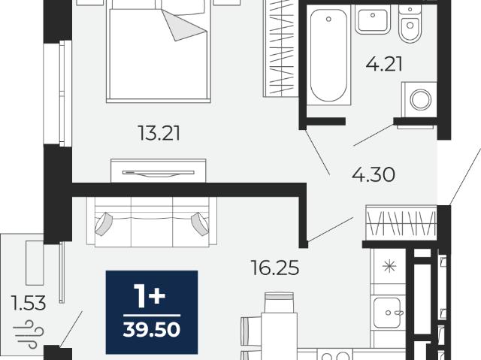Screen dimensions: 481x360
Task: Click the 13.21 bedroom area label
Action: [x=159, y=133]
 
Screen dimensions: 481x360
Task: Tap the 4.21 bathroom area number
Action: [x=384, y=65]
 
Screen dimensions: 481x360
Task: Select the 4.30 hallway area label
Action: [x=374, y=175]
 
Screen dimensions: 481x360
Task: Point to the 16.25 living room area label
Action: [x=274, y=268]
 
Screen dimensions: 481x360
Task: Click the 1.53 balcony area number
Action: [x=28, y=303]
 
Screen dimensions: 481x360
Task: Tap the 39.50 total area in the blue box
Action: [x=152, y=330]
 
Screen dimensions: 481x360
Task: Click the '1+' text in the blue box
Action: [x=150, y=296]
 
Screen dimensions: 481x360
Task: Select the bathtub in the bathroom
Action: [x=329, y=55]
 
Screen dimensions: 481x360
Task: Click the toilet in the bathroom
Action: [x=410, y=23]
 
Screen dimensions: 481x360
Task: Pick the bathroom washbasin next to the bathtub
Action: [x=373, y=20]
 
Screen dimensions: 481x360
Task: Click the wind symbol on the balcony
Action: [x=29, y=334]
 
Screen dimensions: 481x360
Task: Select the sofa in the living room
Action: [x=152, y=222]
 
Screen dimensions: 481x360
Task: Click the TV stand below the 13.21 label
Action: [x=159, y=171]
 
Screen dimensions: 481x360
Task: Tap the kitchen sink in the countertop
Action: [x=387, y=313]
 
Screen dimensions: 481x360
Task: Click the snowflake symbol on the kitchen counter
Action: [x=389, y=266]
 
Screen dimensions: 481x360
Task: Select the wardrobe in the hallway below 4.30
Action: [x=401, y=223]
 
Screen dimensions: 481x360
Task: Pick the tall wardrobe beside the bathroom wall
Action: [x=281, y=48]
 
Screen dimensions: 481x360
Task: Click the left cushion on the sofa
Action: [x=104, y=224]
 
